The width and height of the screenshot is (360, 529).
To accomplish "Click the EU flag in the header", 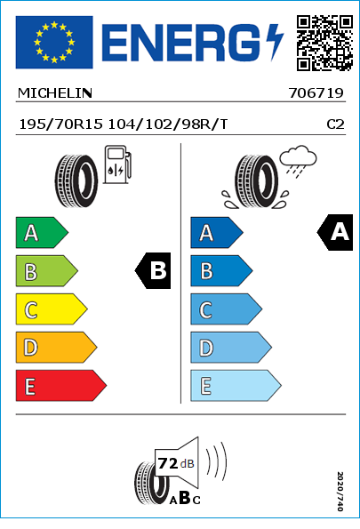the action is click(x=54, y=42).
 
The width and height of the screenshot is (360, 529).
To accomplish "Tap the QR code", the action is click(x=324, y=43).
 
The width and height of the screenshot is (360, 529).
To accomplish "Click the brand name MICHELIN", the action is click(x=54, y=93).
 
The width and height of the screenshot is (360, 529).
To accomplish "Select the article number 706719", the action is click(x=316, y=93).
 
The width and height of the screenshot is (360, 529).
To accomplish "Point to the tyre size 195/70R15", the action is click(x=60, y=124).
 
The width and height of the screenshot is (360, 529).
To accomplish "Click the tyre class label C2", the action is click(x=335, y=124).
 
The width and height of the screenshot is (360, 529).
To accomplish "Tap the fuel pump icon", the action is click(x=117, y=164).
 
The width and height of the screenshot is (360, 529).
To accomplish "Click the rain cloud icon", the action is click(x=298, y=161).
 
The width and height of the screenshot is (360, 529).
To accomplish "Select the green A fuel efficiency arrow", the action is click(x=42, y=232).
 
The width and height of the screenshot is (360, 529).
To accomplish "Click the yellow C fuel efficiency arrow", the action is click(x=52, y=309).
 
